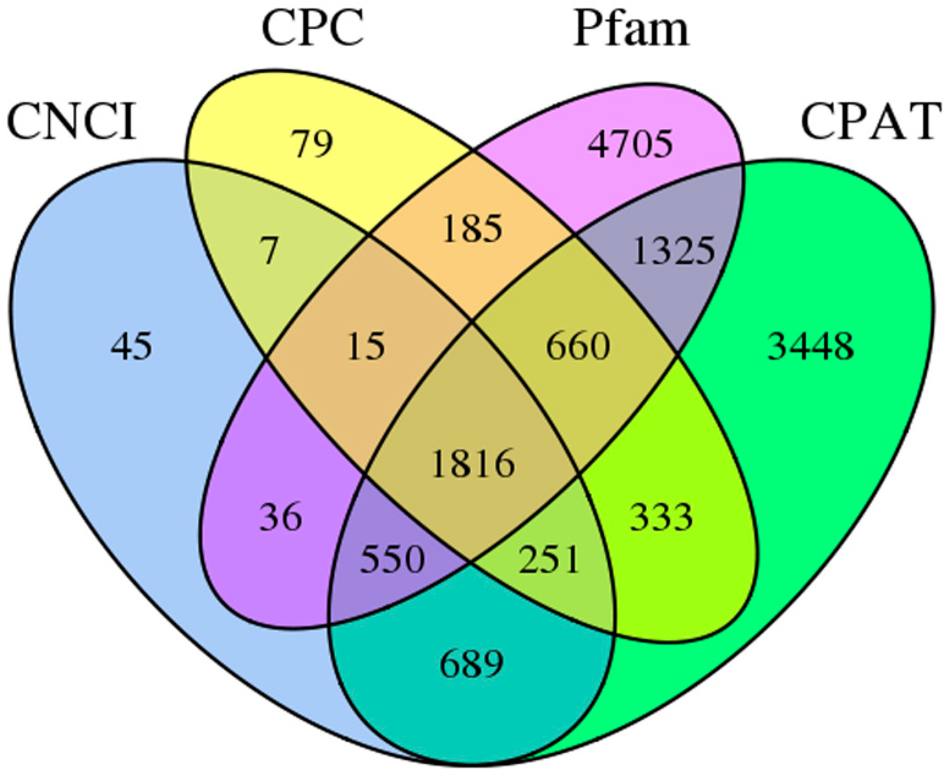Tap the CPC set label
pos(312,29)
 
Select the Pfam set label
pos(631,29)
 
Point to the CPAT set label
pos(868,122)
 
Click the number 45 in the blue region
pos(131,346)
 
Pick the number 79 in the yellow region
pos(313,144)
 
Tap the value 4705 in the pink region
pos(630,144)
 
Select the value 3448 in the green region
pos(810,347)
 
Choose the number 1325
pos(673,250)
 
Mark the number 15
pos(366,346)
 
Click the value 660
pos(578,346)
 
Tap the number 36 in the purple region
pos(281,517)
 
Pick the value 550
pos(392,559)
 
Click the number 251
pos(548,559)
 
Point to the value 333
pos(662,517)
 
